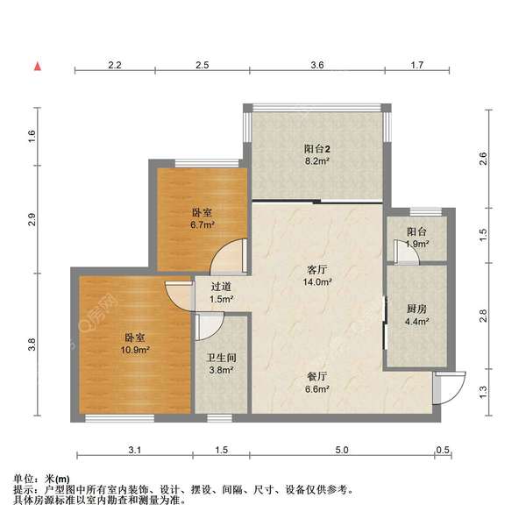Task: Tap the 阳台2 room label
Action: tap(316, 148)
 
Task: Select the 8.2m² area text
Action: tap(316, 161)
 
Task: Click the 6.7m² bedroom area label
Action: tap(203, 224)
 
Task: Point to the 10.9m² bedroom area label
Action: tap(135, 349)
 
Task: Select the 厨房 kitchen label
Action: tap(417, 309)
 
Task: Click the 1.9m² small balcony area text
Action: tap(417, 245)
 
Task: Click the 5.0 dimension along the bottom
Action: tap(341, 450)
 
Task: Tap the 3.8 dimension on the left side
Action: tap(32, 345)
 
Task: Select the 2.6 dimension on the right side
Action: tap(483, 159)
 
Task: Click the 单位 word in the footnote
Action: tap(24, 479)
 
